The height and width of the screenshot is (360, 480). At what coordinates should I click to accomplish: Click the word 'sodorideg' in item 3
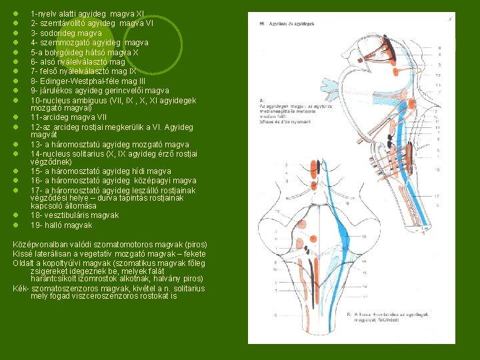58,33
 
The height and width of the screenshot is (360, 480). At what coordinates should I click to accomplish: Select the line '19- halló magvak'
61,225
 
